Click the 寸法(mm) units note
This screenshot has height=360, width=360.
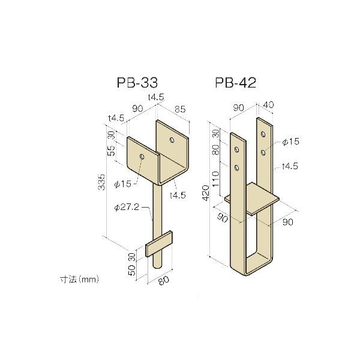79,278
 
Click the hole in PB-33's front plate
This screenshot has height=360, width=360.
142,157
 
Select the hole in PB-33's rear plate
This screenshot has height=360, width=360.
172,140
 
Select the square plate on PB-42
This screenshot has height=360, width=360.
252,199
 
